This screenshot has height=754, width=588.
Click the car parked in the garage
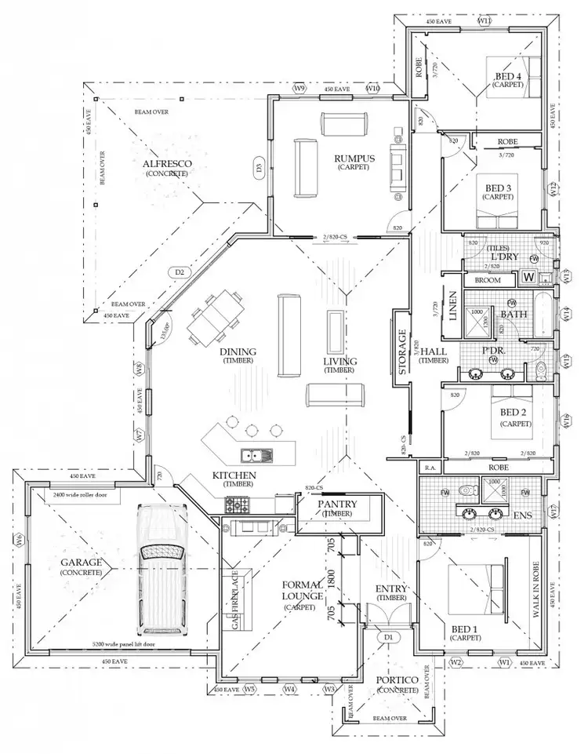[162, 569]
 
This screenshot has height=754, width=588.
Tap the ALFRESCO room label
[167, 165]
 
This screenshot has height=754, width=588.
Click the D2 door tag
[180, 272]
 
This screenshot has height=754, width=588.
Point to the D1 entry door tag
[387, 637]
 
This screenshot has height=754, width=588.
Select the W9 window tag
[299, 89]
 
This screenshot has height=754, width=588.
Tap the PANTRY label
[338, 504]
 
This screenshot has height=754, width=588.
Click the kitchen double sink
[256, 454]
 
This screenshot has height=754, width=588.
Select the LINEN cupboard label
[452, 306]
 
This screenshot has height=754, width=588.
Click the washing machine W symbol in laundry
[528, 277]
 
